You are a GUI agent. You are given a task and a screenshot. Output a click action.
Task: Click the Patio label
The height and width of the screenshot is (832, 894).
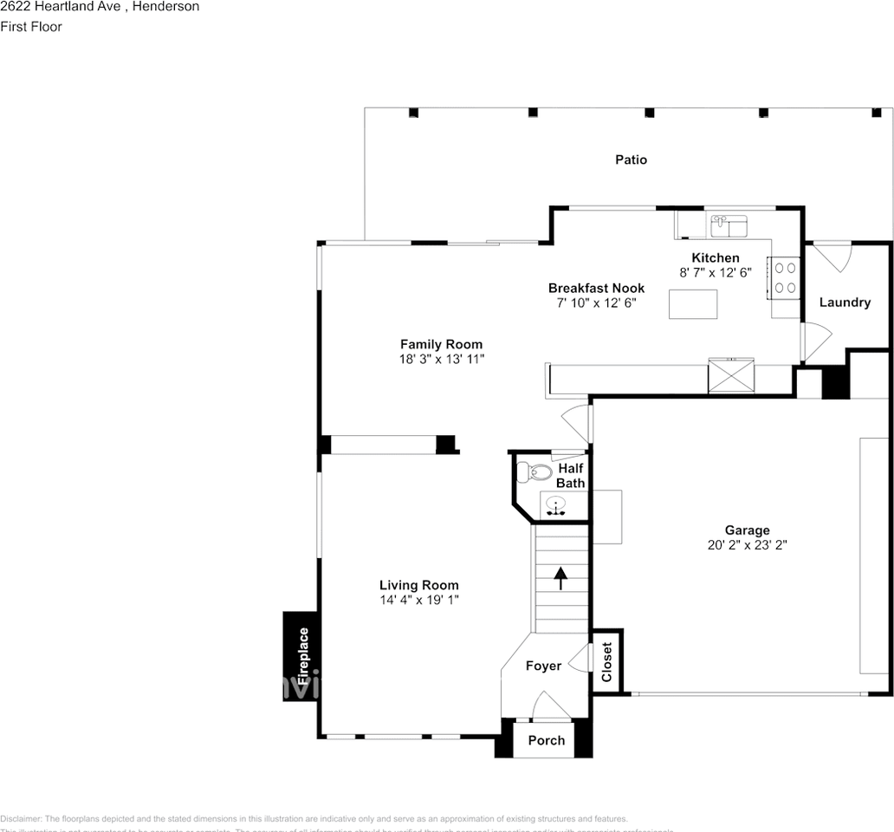[x=631, y=159]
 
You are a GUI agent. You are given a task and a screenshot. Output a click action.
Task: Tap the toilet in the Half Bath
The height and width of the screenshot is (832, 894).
[x=532, y=472]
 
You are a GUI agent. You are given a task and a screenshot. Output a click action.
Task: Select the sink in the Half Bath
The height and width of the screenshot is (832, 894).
[x=555, y=504]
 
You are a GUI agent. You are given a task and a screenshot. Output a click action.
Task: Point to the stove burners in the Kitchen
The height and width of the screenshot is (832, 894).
[x=785, y=278]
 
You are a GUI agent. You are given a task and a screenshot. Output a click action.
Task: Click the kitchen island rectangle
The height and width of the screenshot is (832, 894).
[x=693, y=304]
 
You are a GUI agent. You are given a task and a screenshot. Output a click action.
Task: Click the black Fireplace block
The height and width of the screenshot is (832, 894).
[x=301, y=656]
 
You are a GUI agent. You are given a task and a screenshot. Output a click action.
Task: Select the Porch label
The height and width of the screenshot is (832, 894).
[x=547, y=740]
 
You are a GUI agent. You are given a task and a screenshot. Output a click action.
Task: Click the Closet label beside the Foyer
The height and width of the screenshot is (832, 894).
[x=606, y=661]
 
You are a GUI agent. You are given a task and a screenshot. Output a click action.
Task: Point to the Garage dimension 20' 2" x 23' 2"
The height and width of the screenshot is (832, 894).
[x=747, y=545]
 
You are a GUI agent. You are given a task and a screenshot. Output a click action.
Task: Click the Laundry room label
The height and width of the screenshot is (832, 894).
[x=845, y=302]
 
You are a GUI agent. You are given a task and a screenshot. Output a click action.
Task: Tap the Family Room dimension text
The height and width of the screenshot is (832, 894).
[x=441, y=358]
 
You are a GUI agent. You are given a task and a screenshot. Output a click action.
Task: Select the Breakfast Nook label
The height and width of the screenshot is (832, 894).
[x=596, y=288]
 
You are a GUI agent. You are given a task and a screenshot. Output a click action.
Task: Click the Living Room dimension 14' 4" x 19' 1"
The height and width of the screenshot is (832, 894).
[x=419, y=599]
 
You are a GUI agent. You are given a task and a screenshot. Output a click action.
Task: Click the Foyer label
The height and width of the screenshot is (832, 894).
[x=543, y=666]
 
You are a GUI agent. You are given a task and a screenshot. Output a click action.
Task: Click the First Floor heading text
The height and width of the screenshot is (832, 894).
[x=31, y=27]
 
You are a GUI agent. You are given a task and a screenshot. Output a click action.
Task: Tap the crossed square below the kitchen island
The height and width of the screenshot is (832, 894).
[x=730, y=376]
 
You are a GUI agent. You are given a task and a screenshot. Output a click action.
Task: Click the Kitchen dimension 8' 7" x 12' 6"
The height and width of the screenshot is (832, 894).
[x=715, y=271]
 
